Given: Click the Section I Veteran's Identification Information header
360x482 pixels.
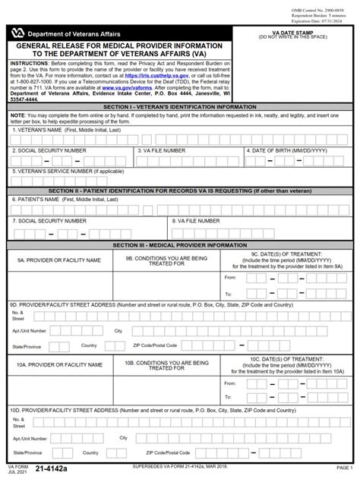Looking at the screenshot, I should click(180, 108).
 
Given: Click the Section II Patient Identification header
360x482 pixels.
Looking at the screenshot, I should click(180, 191).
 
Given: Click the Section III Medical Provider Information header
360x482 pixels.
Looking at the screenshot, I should click(180, 245).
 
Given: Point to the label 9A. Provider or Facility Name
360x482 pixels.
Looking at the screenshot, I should click(59, 260).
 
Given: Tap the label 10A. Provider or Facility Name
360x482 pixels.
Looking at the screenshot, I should click(59, 365).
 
